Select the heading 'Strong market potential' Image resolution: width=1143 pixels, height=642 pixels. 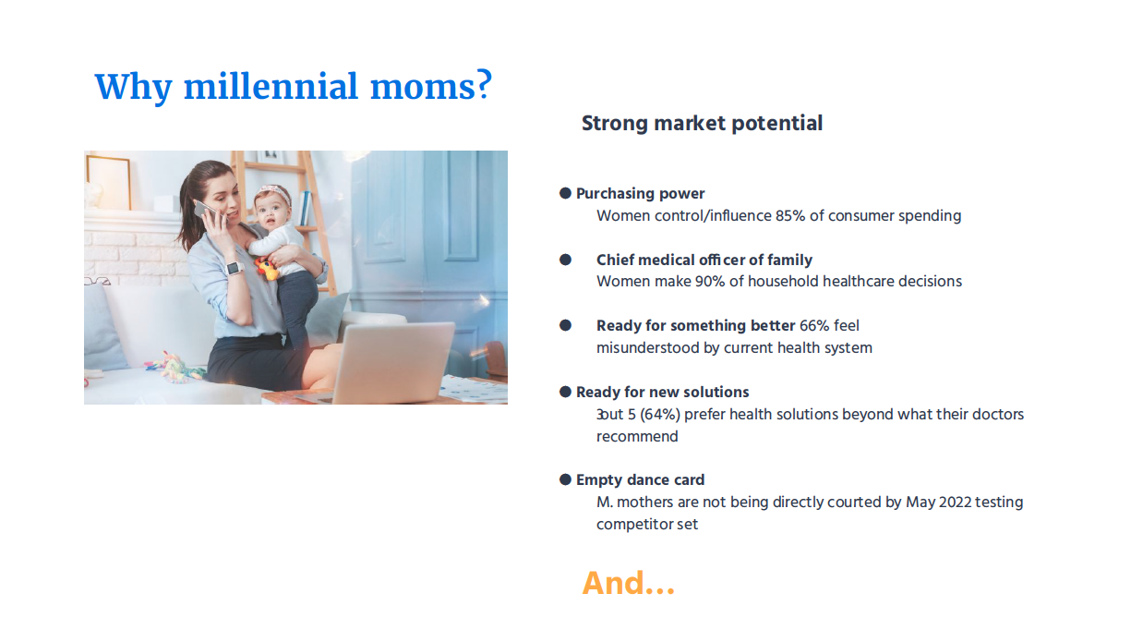click(x=702, y=124)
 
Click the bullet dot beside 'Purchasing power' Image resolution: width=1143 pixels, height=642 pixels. click(x=565, y=193)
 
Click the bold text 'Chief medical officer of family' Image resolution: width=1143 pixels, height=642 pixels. click(x=704, y=260)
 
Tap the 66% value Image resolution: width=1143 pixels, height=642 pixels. click(x=814, y=325)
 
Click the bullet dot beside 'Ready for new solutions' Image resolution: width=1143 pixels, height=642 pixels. click(x=565, y=392)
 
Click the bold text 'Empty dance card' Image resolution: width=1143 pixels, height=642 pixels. click(x=640, y=479)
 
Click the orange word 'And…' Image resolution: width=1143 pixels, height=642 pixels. click(x=628, y=583)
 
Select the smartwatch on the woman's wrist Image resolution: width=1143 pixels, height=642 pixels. click(x=235, y=268)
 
